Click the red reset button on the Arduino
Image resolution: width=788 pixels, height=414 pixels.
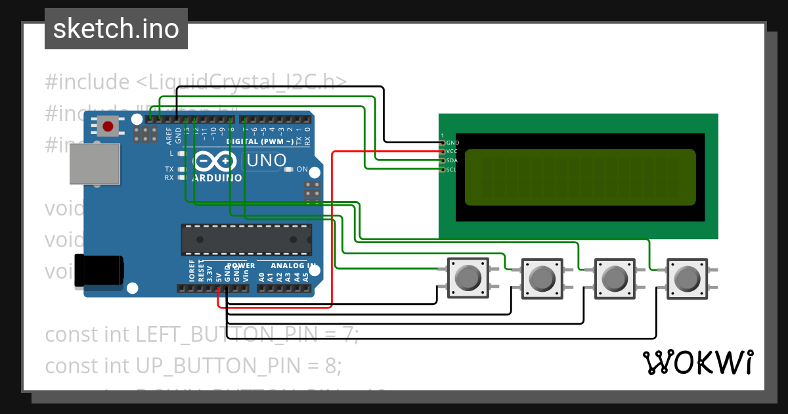pyautogui.click(x=108, y=126)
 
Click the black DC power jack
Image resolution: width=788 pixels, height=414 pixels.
pyautogui.click(x=98, y=271)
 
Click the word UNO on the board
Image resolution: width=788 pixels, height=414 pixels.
pyautogui.click(x=266, y=160)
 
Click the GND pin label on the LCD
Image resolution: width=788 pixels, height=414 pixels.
pyautogui.click(x=452, y=143)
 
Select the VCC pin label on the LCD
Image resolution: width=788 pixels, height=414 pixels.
pyautogui.click(x=452, y=151)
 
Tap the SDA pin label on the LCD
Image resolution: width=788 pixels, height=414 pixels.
pyautogui.click(x=452, y=160)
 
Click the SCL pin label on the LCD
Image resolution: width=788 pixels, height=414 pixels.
pyautogui.click(x=452, y=170)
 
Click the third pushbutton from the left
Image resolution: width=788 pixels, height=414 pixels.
pyautogui.click(x=614, y=278)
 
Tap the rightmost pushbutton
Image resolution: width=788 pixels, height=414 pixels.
pyautogui.click(x=687, y=278)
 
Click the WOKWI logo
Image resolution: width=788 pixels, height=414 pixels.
pyautogui.click(x=697, y=363)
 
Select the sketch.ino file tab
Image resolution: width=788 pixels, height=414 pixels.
pyautogui.click(x=116, y=29)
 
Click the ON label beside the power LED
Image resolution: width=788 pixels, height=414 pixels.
pyautogui.click(x=302, y=170)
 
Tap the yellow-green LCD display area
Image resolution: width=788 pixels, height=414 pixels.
pyautogui.click(x=580, y=177)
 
